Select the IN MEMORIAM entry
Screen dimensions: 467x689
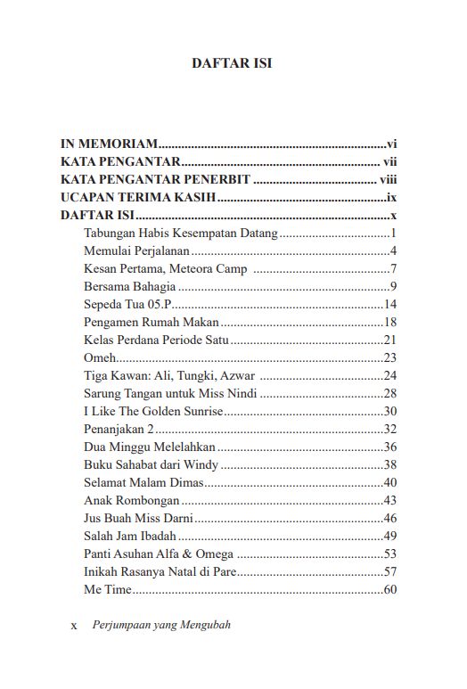click(x=109, y=143)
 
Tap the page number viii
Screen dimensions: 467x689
click(x=387, y=180)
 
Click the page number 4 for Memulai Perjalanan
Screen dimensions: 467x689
click(x=392, y=250)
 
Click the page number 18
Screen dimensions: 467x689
click(x=389, y=322)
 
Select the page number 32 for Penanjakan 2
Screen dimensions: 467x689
click(x=389, y=429)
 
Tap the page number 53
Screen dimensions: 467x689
click(x=389, y=554)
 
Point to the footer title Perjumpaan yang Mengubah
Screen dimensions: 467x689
click(x=161, y=625)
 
